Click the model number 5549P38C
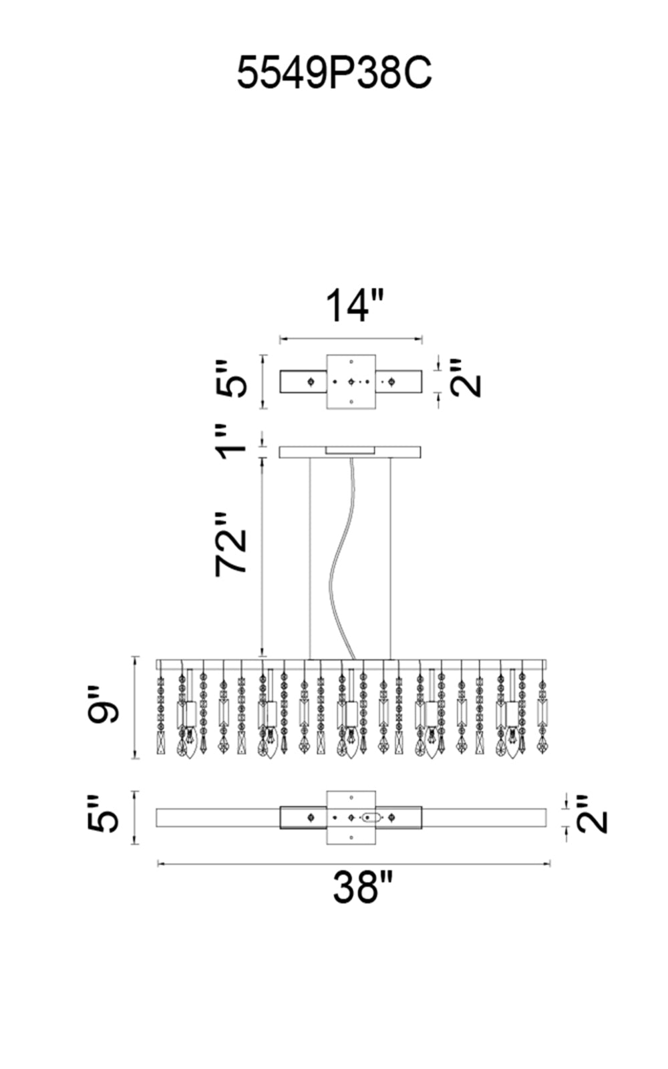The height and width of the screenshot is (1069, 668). coord(334,73)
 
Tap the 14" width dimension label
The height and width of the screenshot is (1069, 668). coord(354,305)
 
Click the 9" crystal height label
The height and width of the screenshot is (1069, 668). coord(103,706)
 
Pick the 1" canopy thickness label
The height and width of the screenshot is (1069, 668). coord(231,441)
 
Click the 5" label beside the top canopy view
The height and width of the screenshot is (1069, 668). coord(231,379)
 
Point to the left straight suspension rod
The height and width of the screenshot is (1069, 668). coord(310,559)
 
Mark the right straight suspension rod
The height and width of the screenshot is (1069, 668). coord(390,559)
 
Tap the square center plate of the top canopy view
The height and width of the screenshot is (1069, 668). coord(351,381)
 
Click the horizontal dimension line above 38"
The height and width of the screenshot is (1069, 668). coord(353,863)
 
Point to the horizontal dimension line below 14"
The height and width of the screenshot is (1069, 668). coord(351,339)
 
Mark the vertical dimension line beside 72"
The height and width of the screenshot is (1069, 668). coord(261,557)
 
